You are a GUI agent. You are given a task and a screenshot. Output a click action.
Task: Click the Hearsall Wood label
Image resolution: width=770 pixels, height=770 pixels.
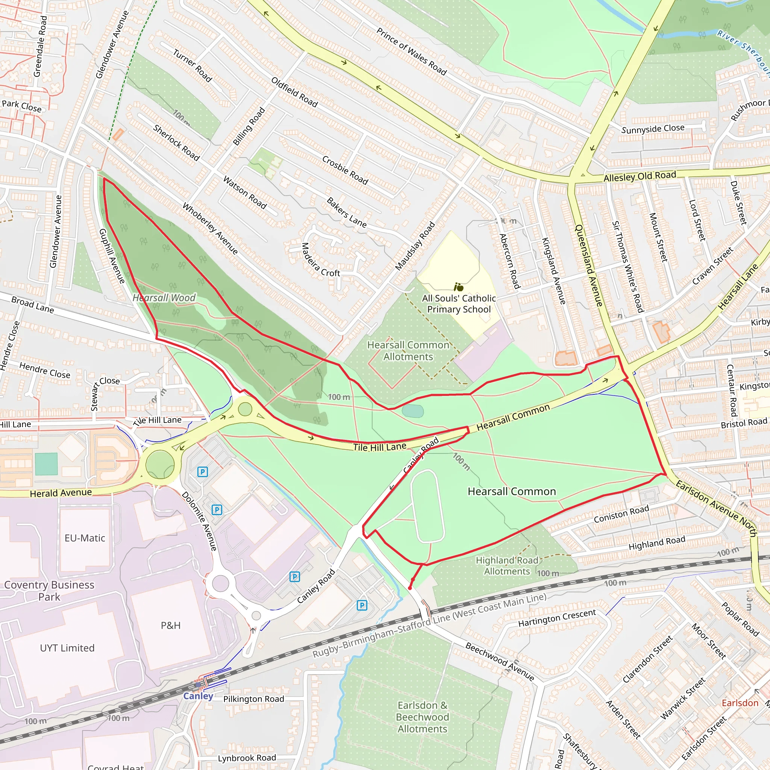(164, 298)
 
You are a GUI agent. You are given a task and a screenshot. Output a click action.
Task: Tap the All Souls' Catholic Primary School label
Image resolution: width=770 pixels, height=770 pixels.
(459, 304)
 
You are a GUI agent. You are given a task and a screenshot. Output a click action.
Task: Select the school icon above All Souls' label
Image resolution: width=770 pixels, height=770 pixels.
(458, 287)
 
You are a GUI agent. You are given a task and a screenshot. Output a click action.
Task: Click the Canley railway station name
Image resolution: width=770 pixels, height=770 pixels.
(198, 696)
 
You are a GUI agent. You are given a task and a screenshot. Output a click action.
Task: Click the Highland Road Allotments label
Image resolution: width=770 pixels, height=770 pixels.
(507, 565)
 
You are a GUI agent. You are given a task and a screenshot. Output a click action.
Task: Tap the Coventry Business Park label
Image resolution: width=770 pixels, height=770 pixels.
(49, 591)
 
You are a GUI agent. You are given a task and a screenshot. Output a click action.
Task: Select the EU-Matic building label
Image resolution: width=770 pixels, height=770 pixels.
(85, 538)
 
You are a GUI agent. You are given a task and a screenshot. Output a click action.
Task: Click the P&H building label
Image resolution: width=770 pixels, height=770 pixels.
(171, 625)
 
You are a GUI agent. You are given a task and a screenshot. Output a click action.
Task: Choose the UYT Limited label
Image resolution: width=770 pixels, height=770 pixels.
(67, 648)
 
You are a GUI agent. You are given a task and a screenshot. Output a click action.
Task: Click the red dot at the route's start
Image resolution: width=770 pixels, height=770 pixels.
(410, 588)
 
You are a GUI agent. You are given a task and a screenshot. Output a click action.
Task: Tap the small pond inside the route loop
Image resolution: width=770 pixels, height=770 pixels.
(412, 411)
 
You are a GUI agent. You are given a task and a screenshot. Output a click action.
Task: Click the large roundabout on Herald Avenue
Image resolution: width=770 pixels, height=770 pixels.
(160, 464)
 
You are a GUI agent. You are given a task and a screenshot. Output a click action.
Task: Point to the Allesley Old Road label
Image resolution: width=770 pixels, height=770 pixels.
(640, 176)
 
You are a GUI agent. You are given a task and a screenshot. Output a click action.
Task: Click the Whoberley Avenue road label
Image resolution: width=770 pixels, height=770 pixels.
(210, 228)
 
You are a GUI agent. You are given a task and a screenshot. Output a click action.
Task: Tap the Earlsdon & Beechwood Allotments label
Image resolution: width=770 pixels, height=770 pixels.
(423, 717)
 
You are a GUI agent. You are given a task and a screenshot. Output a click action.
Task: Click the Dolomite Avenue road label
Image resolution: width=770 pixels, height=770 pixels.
(199, 521)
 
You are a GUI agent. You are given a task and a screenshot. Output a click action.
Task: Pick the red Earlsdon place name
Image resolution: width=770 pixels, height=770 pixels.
(740, 703)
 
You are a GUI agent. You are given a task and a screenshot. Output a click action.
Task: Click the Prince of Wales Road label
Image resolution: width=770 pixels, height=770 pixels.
(411, 52)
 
